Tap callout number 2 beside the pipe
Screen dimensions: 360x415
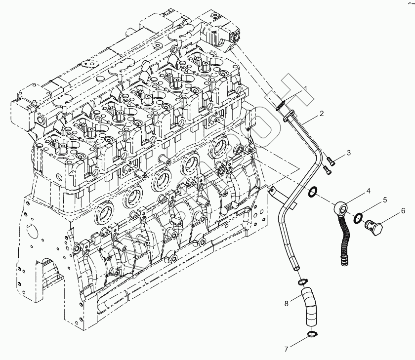(x=321, y=114)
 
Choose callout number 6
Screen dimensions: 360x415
(x=403, y=210)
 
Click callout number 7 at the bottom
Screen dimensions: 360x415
(x=286, y=349)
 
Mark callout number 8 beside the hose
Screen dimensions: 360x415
(x=286, y=304)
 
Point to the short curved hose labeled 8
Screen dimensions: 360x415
(x=309, y=307)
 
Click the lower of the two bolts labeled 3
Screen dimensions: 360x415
(x=326, y=169)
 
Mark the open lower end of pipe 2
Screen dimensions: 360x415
(x=296, y=267)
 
